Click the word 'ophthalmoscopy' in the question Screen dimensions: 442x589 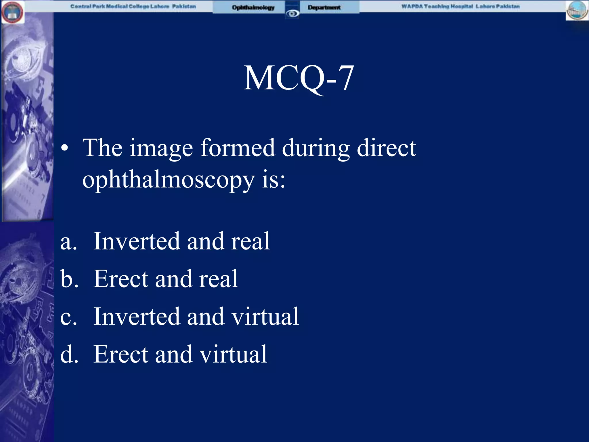(x=169, y=180)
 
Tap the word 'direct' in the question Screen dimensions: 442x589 (x=386, y=148)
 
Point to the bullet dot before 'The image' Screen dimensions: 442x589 (x=65, y=148)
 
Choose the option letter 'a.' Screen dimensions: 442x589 (x=69, y=242)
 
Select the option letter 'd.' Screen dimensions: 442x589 (x=69, y=354)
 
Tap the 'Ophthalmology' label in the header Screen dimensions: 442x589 (x=253, y=7)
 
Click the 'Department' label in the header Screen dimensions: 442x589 (x=324, y=7)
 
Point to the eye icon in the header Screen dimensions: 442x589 (x=292, y=13)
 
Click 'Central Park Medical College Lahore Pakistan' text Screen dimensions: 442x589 (x=133, y=6)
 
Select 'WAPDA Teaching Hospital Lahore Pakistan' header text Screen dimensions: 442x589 (x=460, y=6)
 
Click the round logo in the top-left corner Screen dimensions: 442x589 (x=13, y=12)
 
